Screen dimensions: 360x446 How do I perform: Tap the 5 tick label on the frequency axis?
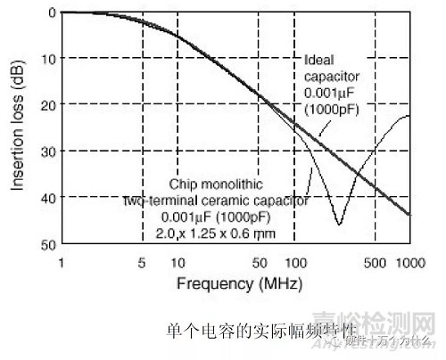[x=143, y=263]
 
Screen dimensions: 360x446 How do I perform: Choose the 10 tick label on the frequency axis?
[x=178, y=263]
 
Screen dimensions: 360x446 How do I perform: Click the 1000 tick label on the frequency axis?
[x=409, y=263]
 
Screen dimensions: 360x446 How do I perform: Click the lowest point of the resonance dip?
[x=340, y=224]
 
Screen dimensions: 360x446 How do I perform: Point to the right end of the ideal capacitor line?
[x=409, y=215]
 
